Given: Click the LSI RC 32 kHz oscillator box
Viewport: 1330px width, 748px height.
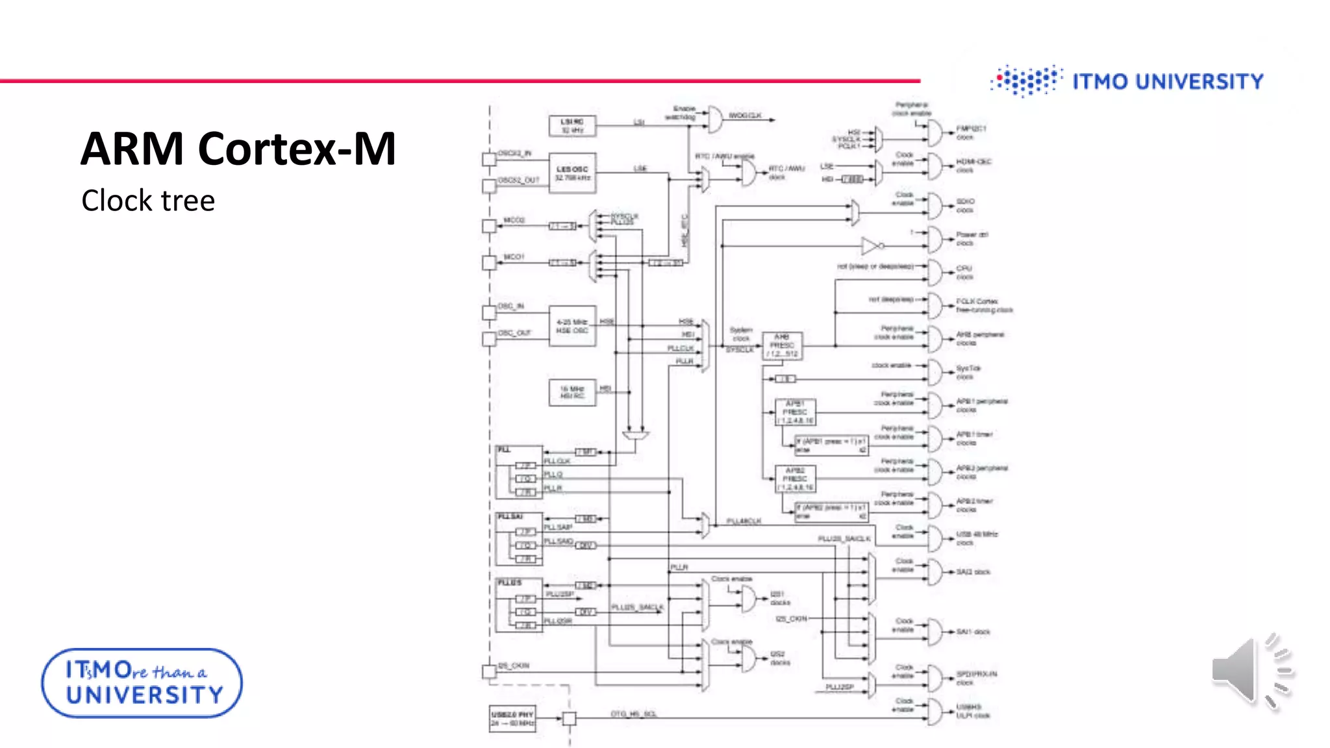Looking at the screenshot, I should pyautogui.click(x=572, y=126).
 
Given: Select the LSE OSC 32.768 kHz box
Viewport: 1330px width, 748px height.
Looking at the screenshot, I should pyautogui.click(x=572, y=173).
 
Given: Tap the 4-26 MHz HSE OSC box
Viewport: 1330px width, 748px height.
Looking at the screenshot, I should pyautogui.click(x=572, y=326).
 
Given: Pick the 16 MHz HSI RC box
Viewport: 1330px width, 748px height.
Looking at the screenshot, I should pyautogui.click(x=572, y=392).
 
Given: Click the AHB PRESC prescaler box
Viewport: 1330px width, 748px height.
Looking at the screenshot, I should pyautogui.click(x=782, y=345).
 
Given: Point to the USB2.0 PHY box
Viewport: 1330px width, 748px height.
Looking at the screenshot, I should pyautogui.click(x=512, y=719).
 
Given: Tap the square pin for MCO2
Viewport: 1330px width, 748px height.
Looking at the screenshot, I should pyautogui.click(x=489, y=226).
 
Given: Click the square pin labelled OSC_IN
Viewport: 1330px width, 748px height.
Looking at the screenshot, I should pyautogui.click(x=489, y=312).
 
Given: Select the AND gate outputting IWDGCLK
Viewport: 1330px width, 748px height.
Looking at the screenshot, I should pyautogui.click(x=714, y=119).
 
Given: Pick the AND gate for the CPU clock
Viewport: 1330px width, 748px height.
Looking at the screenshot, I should pyautogui.click(x=935, y=272).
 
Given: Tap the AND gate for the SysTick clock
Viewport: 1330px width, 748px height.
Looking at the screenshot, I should pyautogui.click(x=935, y=372).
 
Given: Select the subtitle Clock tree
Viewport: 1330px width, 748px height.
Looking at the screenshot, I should pyautogui.click(x=148, y=201).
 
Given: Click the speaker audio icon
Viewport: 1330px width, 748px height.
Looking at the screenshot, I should pyautogui.click(x=1251, y=671).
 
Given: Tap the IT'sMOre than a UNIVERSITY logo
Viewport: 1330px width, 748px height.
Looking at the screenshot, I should pyautogui.click(x=142, y=682).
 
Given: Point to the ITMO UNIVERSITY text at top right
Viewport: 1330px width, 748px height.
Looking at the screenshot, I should pyautogui.click(x=1168, y=82).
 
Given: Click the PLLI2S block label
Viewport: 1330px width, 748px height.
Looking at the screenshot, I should pyautogui.click(x=510, y=583).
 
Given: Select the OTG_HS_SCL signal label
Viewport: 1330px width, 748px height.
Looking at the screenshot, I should pyautogui.click(x=634, y=714).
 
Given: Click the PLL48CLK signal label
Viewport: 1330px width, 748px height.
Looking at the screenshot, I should pyautogui.click(x=744, y=521).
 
